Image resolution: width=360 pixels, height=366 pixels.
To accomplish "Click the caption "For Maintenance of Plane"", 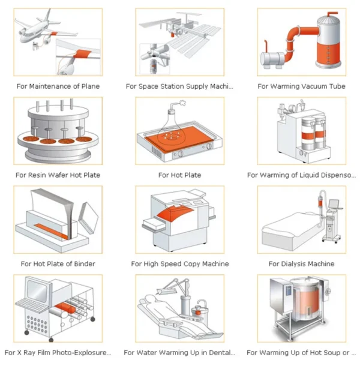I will click(x=58, y=86).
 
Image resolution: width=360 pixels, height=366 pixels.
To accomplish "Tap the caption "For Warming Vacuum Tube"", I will click(x=301, y=86).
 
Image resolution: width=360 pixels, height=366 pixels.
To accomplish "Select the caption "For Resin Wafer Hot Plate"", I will click(x=58, y=175).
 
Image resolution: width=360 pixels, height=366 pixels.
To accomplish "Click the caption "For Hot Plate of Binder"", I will click(x=58, y=264).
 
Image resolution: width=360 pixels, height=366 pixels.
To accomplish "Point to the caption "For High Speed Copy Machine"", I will click(x=179, y=264).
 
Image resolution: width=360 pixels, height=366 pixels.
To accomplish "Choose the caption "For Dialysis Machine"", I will click(x=301, y=264).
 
